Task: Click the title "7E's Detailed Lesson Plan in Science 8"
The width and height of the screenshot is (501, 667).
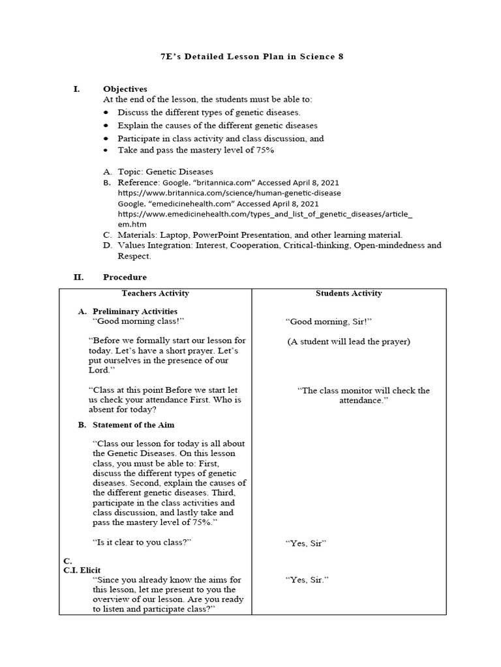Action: click(x=251, y=57)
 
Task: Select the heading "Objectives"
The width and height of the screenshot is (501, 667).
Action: click(x=125, y=89)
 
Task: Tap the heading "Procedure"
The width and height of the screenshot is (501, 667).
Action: click(x=125, y=277)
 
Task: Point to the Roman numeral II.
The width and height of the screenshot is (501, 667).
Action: click(x=78, y=277)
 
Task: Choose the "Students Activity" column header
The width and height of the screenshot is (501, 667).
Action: click(x=349, y=293)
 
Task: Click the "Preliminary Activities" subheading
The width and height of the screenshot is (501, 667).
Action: click(x=135, y=311)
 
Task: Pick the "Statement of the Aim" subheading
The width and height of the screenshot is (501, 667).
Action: click(x=134, y=425)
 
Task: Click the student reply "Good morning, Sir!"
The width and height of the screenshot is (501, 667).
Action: click(x=329, y=322)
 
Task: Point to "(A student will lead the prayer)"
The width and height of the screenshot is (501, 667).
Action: click(x=349, y=341)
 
